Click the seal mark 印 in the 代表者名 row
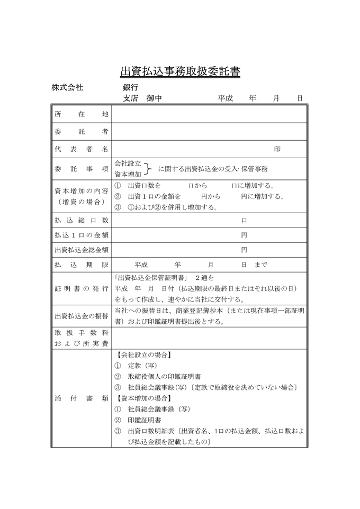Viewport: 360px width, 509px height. point(277,149)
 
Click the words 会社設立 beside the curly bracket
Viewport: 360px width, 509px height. point(128,164)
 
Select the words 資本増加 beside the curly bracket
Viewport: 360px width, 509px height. point(128,174)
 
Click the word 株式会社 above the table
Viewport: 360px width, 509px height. point(67,87)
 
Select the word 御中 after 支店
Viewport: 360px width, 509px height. point(154,98)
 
